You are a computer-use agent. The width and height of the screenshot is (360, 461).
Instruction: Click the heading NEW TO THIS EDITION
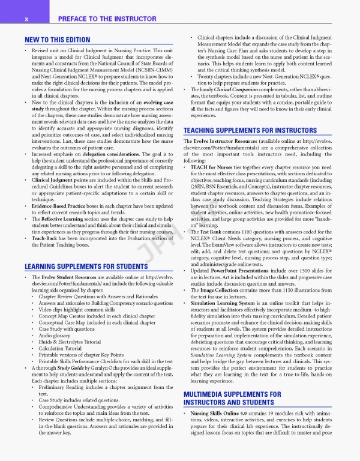point(53,40)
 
